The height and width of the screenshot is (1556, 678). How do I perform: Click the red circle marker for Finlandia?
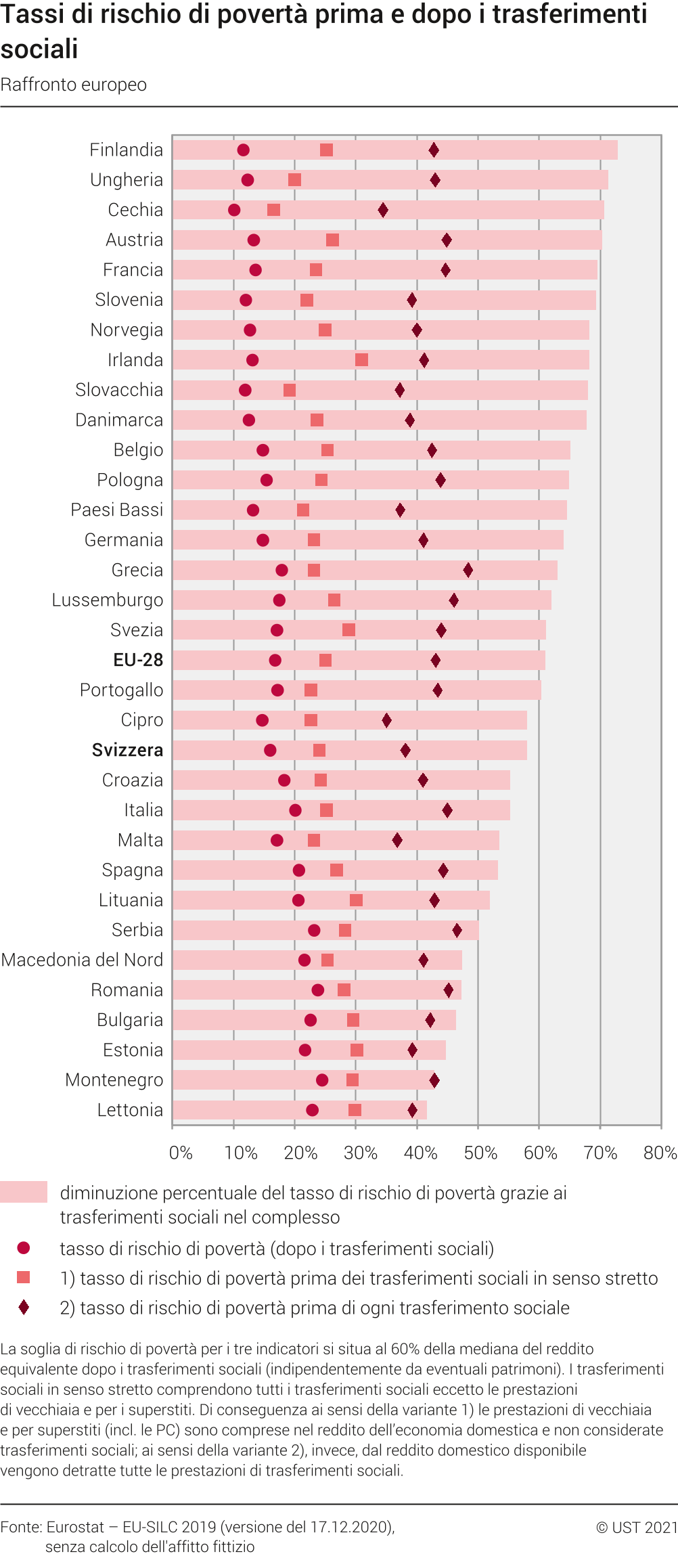243,150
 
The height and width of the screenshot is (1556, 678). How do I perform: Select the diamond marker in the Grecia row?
468,570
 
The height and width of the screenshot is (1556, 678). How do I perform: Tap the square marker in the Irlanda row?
361,360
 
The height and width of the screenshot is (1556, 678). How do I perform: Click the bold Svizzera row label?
127,750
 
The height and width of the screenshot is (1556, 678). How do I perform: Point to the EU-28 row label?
138,660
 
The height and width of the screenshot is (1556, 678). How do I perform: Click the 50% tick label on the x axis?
480,1153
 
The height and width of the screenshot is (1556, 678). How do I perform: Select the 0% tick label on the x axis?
181,1153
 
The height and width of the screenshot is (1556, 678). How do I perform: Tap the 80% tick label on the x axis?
660,1153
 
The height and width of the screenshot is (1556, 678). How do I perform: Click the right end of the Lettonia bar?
426,1110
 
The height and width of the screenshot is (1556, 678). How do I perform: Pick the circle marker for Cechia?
234,210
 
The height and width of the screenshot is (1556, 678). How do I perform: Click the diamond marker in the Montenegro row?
434,1080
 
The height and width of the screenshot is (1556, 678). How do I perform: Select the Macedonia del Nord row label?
82,960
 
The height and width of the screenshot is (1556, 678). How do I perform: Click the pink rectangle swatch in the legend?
24,1192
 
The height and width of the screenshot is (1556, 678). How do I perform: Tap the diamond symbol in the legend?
24,1308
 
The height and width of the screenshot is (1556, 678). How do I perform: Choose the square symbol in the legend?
24,1277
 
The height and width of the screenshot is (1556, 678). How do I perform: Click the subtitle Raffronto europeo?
74,85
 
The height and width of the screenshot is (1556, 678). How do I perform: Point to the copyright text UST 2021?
637,1527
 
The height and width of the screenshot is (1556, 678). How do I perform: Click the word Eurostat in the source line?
75,1527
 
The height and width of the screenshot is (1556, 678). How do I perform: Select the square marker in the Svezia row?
348,630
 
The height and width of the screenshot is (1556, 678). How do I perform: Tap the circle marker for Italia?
295,810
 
